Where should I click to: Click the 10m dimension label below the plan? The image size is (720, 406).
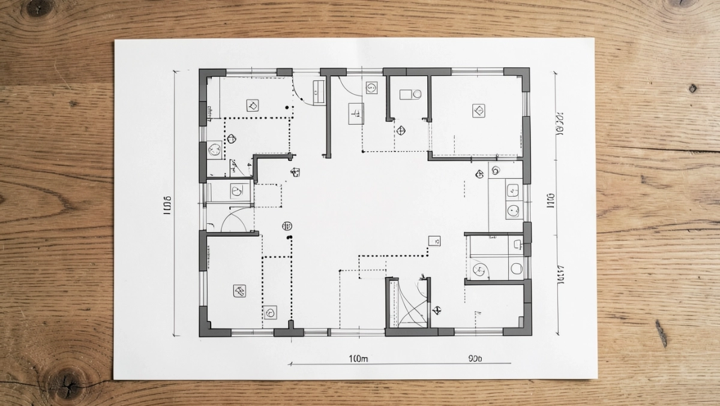358,359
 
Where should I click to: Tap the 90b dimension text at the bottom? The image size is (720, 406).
474,359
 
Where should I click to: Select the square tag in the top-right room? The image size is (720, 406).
478,110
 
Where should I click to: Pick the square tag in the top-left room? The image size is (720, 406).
252,106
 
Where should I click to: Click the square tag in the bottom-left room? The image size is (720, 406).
239,291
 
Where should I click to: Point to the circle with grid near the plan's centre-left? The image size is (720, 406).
287,226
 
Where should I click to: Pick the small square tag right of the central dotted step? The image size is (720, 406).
434,241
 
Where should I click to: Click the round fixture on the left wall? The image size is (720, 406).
214,149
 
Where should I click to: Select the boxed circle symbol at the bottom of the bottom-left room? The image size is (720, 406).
270,312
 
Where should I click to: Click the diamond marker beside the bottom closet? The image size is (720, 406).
437,311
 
